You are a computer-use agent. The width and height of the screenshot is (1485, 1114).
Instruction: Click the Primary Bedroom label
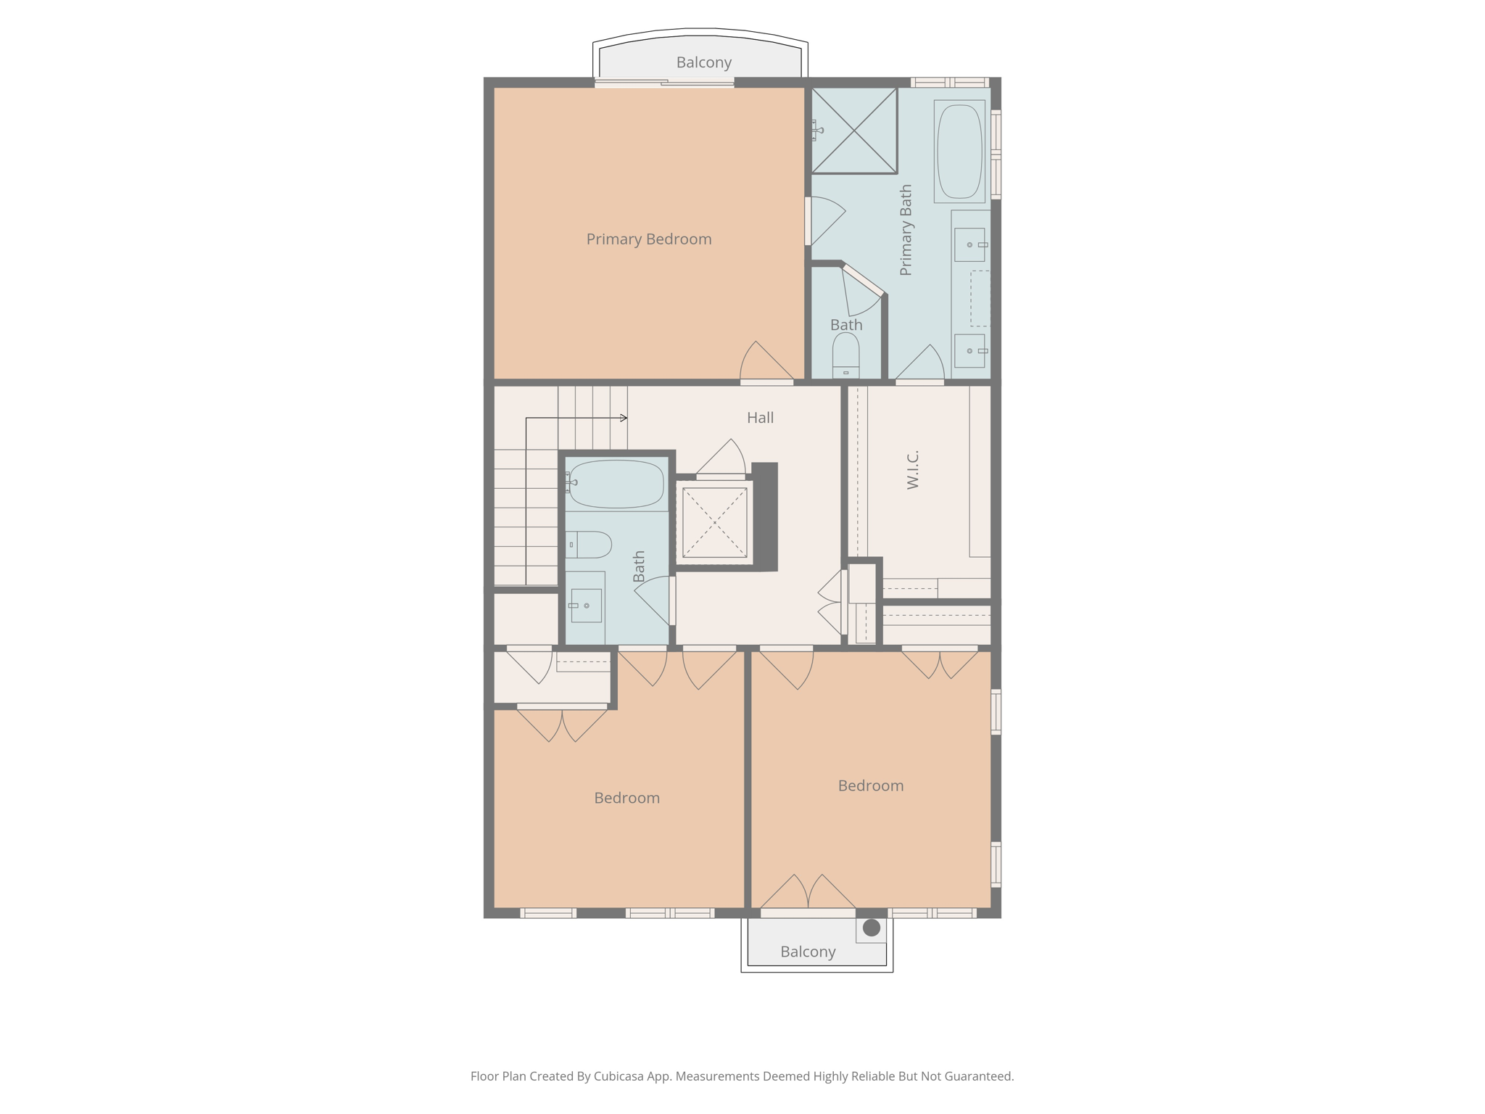[x=648, y=239]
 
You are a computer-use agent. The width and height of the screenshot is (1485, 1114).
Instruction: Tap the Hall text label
[x=760, y=418]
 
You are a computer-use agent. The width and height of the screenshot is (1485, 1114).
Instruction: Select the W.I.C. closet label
[x=913, y=470]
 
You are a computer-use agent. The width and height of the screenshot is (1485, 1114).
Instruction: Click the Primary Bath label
[x=906, y=230]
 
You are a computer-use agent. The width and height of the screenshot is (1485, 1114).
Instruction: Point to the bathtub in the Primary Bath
[x=959, y=151]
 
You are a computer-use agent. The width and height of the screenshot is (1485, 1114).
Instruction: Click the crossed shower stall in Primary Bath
[x=854, y=131]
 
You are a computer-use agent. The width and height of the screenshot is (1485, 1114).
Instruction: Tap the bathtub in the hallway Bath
[x=616, y=484]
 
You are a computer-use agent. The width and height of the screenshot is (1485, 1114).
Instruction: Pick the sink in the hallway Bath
[x=585, y=606]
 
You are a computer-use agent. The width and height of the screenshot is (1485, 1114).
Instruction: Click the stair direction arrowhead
[x=624, y=418]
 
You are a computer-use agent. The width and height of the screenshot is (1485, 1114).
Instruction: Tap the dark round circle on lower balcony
[x=872, y=927]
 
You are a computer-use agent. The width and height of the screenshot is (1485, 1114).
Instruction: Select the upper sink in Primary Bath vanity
[x=969, y=244]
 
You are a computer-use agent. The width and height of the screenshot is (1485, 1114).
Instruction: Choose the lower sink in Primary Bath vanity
[x=969, y=351]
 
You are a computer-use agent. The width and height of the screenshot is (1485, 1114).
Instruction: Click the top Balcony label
[x=703, y=62]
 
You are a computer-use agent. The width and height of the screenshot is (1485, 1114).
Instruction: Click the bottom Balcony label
[x=808, y=952]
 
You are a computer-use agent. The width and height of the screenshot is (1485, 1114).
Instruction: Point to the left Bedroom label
[x=626, y=798]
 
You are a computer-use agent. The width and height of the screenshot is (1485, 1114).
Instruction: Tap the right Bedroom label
[x=870, y=785]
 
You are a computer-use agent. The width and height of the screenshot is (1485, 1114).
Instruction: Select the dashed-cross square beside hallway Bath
[x=714, y=522]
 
